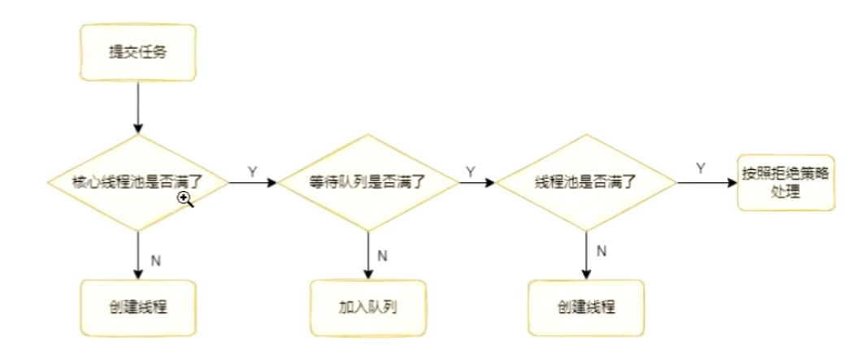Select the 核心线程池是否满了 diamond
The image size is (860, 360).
click(x=138, y=183)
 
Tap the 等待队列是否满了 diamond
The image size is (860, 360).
click(x=368, y=183)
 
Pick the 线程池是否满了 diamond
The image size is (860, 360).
click(x=586, y=183)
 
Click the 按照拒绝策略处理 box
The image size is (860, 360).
click(x=785, y=182)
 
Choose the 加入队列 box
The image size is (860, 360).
click(x=368, y=309)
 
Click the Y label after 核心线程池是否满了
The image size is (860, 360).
click(x=252, y=172)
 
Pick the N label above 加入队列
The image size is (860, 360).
click(x=383, y=256)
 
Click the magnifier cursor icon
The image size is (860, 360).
click(x=186, y=199)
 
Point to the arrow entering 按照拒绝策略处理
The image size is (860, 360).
click(x=707, y=182)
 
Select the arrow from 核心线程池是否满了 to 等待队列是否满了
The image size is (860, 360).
click(x=252, y=183)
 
